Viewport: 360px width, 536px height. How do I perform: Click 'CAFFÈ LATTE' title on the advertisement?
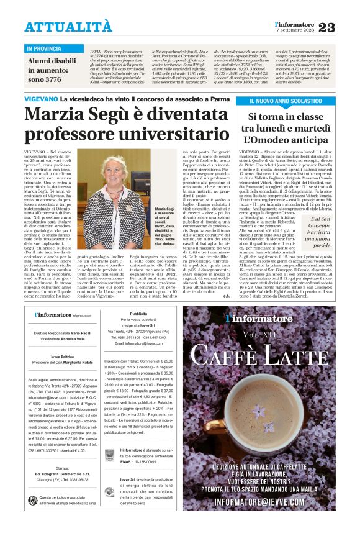[x=259, y=354]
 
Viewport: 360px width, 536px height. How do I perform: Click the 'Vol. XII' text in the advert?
[x=259, y=335]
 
